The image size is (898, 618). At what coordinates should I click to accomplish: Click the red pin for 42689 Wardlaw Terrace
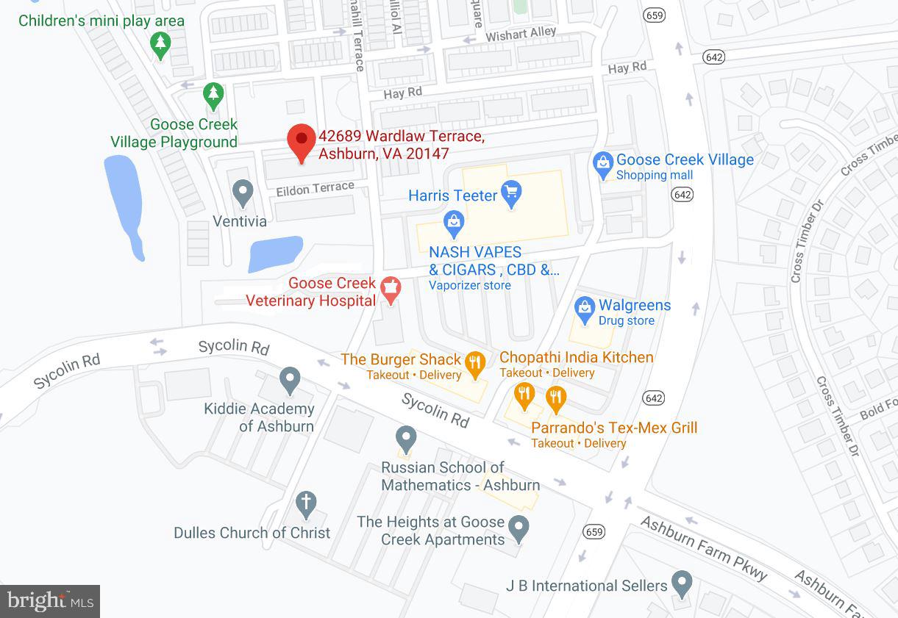pos(301,140)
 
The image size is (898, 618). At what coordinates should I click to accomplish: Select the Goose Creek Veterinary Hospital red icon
pos(391,290)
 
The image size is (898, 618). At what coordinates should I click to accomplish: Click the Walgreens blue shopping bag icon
pos(585,310)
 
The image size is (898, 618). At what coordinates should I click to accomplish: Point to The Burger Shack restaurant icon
pos(475,363)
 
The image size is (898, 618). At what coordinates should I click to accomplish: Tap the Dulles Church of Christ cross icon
pos(305,504)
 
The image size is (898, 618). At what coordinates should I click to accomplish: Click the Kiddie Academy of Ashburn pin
pos(290,380)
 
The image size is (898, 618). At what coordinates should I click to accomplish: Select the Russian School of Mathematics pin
pos(406,439)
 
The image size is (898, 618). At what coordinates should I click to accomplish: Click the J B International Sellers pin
pos(683,583)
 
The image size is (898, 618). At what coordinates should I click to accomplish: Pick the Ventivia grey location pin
pos(243,193)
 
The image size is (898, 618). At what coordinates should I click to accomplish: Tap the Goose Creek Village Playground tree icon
pos(213,94)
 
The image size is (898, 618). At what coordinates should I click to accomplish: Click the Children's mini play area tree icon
pos(160,46)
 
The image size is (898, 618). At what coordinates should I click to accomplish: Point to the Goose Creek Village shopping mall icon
pos(603,165)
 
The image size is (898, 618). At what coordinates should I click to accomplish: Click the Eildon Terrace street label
pos(315,189)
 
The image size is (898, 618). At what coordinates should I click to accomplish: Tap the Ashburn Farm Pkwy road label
pos(702,547)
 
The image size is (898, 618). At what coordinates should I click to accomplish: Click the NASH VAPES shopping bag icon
pos(454,220)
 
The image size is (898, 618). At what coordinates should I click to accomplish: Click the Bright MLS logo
pos(50,601)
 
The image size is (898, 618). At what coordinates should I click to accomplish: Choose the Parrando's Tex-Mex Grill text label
pos(614,428)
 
